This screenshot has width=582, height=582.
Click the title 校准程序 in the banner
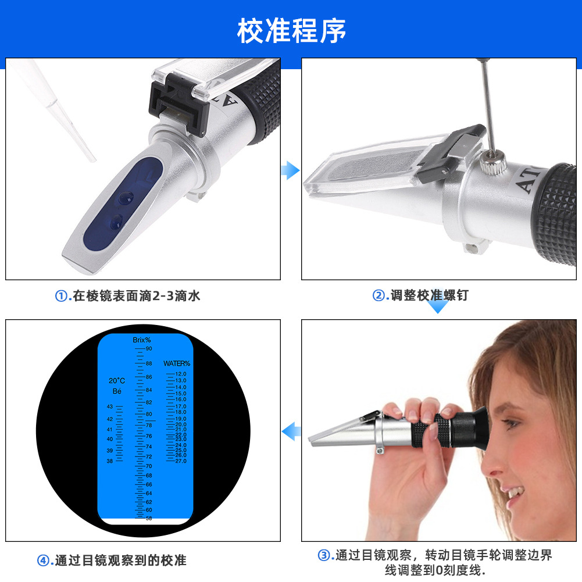[x=291, y=30]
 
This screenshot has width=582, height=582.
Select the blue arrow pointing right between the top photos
[x=290, y=170]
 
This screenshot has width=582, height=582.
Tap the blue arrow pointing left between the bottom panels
[x=291, y=431]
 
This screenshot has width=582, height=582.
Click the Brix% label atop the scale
[x=141, y=340]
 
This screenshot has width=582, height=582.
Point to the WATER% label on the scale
[x=176, y=363]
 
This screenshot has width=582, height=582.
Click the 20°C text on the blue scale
[x=116, y=381]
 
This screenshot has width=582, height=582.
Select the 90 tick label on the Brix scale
[x=149, y=349]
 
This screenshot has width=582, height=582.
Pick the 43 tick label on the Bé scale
[x=110, y=406]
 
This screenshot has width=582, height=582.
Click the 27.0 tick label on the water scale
[x=180, y=461]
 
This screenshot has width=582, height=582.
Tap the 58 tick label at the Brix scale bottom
[x=149, y=518]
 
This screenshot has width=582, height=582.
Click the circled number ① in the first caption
[x=61, y=296]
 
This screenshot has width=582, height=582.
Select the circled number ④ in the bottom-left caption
[x=44, y=561]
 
